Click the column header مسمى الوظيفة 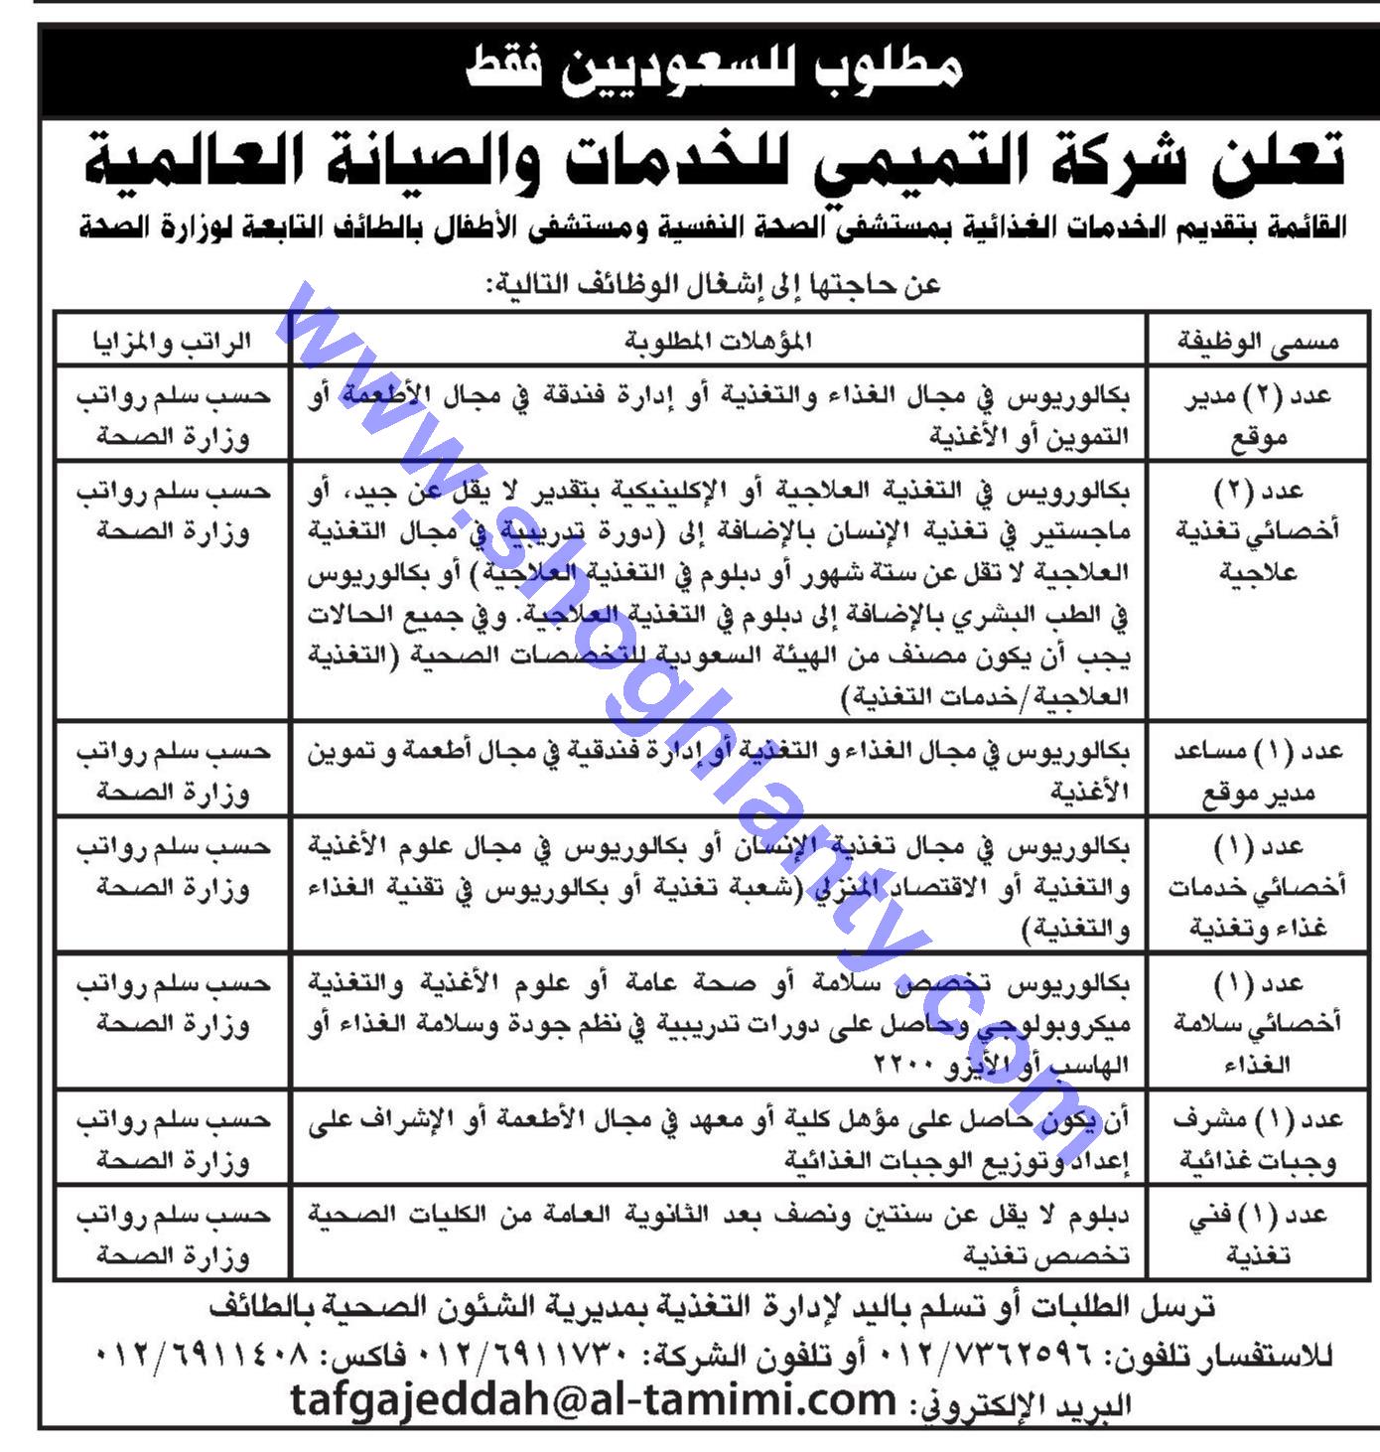1257,342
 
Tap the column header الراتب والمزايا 171,342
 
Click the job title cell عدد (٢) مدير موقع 1257,415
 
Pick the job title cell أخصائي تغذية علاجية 1257,530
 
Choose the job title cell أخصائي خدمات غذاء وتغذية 1257,886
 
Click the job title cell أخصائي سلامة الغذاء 1257,1023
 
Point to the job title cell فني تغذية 1257,1234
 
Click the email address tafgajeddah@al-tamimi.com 594,1400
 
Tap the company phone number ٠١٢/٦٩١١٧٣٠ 534,1356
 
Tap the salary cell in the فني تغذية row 171,1234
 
